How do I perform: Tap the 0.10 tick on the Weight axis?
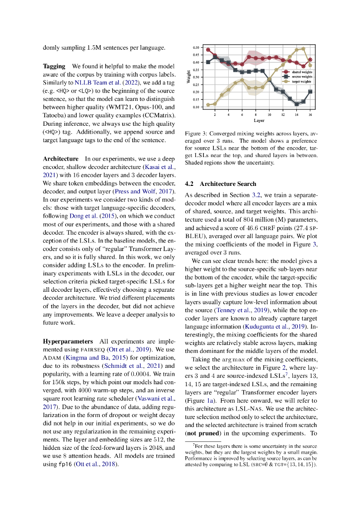click(196, 107)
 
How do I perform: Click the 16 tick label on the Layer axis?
click(310, 114)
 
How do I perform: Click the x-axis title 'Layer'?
click(259, 120)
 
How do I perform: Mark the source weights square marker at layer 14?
click(296, 104)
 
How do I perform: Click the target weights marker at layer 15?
click(303, 49)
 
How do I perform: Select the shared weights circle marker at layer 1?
click(208, 50)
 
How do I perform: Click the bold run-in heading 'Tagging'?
click(54, 66)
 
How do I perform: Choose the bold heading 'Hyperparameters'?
click(68, 342)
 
